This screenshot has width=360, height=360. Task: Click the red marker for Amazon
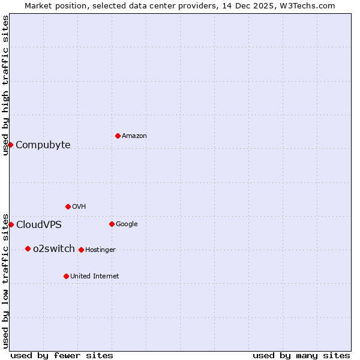(118, 136)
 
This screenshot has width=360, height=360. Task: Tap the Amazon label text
(134, 136)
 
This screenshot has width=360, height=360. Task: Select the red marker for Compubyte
(10, 145)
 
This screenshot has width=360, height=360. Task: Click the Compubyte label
(43, 145)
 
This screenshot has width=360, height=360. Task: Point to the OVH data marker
(68, 206)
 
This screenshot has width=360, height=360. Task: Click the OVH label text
(79, 207)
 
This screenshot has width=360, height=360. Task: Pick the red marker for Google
(112, 224)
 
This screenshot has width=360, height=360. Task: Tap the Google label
(127, 224)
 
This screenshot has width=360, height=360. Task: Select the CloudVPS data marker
(11, 224)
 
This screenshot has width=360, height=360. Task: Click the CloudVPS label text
(39, 225)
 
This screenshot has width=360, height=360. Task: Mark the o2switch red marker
(28, 248)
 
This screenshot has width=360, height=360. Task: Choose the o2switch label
(54, 249)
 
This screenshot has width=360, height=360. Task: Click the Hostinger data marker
(81, 250)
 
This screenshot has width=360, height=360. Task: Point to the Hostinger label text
(100, 250)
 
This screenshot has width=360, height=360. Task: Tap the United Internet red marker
(66, 276)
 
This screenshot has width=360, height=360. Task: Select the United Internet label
(95, 277)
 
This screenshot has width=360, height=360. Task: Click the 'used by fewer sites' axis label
(62, 355)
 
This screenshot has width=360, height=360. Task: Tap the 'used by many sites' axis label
(301, 355)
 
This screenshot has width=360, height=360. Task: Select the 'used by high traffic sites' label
(5, 85)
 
